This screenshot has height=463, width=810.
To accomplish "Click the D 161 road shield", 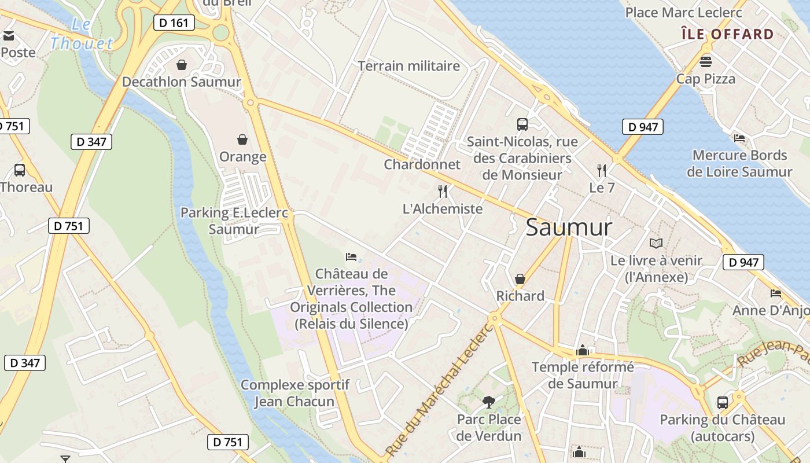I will pos(174,23).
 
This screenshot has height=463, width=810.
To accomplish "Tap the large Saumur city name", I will pos(568,227).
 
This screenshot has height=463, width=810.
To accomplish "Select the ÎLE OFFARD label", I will pos(727,34).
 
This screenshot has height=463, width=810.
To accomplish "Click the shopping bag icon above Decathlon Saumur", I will pos(182,64).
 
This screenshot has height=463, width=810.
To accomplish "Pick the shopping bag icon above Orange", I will pos(242,139).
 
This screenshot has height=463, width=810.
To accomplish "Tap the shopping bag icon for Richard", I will pos(520,279).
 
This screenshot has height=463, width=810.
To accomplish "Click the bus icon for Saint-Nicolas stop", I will pos(522,124).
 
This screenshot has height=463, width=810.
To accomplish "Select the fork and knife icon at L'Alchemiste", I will pos(443,192).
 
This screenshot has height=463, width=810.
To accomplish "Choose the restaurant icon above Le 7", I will pos(602,171).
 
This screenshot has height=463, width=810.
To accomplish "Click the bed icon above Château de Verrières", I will pos(351,256).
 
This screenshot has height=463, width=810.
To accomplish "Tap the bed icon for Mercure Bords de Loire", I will pos(739,138).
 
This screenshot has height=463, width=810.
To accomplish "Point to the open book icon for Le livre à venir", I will pos(656,243).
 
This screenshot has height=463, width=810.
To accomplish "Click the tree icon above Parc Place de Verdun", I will pos(489,402).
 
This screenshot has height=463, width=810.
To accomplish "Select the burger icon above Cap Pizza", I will pos(705,61).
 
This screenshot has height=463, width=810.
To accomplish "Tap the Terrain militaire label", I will pos(409,66).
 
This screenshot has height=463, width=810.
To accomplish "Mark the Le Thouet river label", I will pos(81,35).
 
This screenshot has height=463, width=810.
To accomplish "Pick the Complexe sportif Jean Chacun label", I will pos(295,393).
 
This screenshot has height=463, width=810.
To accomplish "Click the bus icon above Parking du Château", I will pos(722,403).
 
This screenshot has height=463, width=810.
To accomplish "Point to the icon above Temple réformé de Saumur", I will pos(582,350).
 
